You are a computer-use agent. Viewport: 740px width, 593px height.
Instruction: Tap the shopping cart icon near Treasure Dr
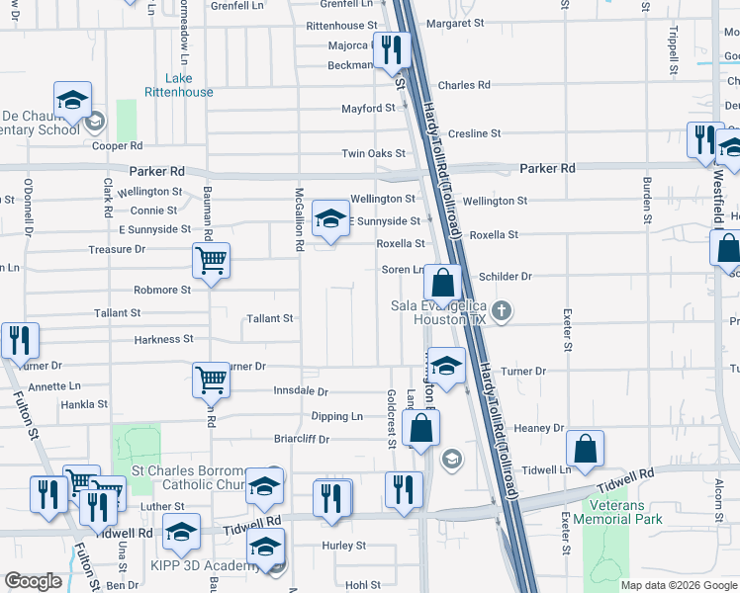211,262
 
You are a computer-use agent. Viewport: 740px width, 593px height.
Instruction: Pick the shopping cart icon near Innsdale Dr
211,380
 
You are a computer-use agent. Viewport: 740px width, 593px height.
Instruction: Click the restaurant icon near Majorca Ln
392,48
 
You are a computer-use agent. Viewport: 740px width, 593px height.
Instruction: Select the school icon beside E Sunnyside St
330,219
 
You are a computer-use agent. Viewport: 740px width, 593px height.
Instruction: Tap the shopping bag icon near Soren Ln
444,283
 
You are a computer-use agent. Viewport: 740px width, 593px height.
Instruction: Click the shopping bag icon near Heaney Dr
586,451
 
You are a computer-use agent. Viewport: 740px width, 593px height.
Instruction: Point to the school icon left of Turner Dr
446,367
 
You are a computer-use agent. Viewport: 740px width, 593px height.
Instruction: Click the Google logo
34,581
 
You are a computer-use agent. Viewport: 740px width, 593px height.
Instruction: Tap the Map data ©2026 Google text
679,585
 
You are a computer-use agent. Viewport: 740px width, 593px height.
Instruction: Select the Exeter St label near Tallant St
567,331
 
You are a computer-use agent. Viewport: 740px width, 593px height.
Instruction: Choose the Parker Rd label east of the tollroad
547,169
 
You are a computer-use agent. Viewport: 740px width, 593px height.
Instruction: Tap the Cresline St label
475,133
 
